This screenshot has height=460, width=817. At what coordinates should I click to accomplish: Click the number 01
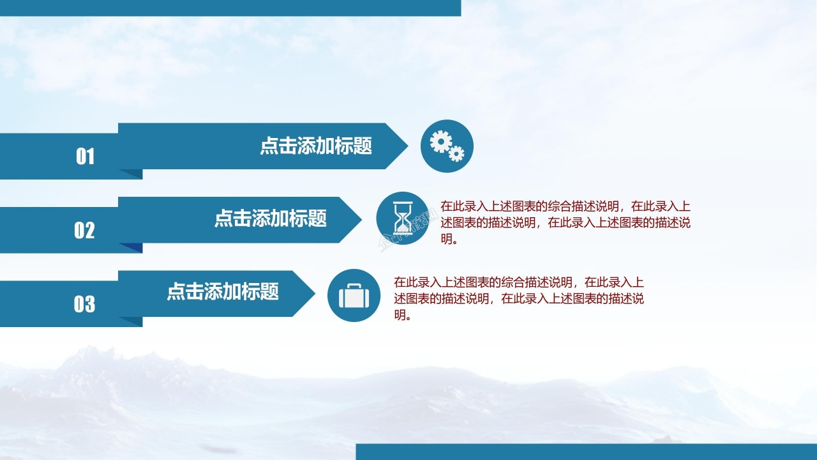pos(85,157)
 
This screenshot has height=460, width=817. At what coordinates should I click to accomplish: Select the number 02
pos(84,231)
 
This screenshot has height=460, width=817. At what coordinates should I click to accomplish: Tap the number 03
pos(84,304)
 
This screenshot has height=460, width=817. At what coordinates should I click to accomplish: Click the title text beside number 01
pos(316,146)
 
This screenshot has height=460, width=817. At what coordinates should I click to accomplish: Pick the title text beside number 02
pos(270,219)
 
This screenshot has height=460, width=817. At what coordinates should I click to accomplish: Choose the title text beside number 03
pos(223,293)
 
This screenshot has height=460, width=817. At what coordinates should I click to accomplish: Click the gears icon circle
pos(447,146)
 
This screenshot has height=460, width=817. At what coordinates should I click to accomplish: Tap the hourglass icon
pos(403,219)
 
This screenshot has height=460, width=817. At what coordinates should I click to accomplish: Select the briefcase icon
pos(354,296)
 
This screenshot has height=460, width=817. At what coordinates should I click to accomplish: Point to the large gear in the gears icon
pos(440,141)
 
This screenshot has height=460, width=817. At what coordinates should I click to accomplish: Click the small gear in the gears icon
pos(456,154)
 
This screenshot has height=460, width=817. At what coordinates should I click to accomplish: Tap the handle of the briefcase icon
pos(354,286)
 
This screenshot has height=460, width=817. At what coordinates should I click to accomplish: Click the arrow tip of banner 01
pos(402,146)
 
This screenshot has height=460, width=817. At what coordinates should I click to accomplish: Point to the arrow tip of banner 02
pos(357,220)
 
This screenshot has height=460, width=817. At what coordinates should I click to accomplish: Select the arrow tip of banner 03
pos(310,293)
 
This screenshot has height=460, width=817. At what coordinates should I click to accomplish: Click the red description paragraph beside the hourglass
pos(566,223)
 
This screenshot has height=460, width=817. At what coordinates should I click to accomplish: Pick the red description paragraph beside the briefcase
pos(519,298)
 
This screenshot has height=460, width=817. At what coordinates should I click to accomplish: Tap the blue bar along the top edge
pos(230,8)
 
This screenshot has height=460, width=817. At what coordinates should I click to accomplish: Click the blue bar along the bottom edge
pos(586,452)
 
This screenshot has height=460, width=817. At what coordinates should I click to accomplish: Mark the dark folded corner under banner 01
pos(131,174)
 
